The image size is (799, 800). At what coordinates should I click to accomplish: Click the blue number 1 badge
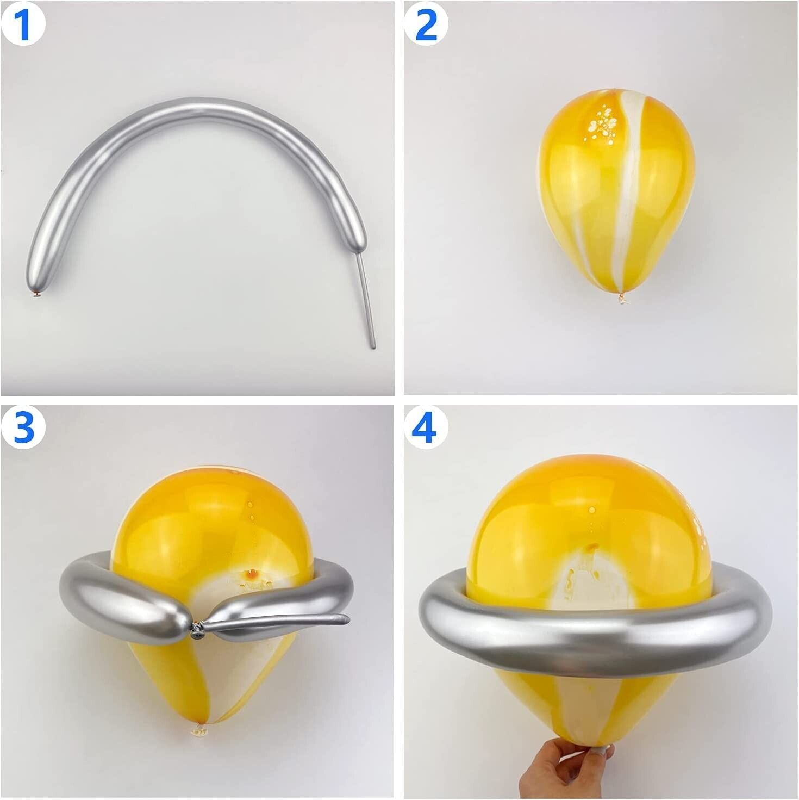point(24,24)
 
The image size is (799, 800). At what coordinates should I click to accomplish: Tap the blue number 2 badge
point(426,24)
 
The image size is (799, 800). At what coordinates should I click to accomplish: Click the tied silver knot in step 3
point(197,632)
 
